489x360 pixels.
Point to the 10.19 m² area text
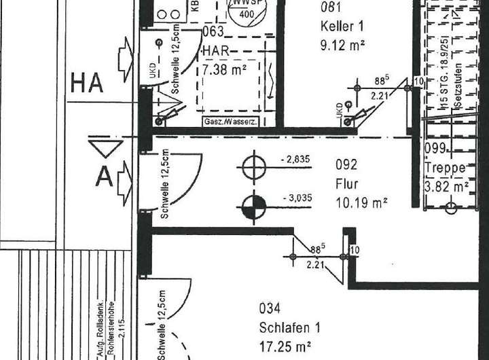361,202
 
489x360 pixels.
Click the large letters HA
87,84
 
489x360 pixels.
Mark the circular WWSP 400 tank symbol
248,10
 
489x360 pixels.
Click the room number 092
346,164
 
